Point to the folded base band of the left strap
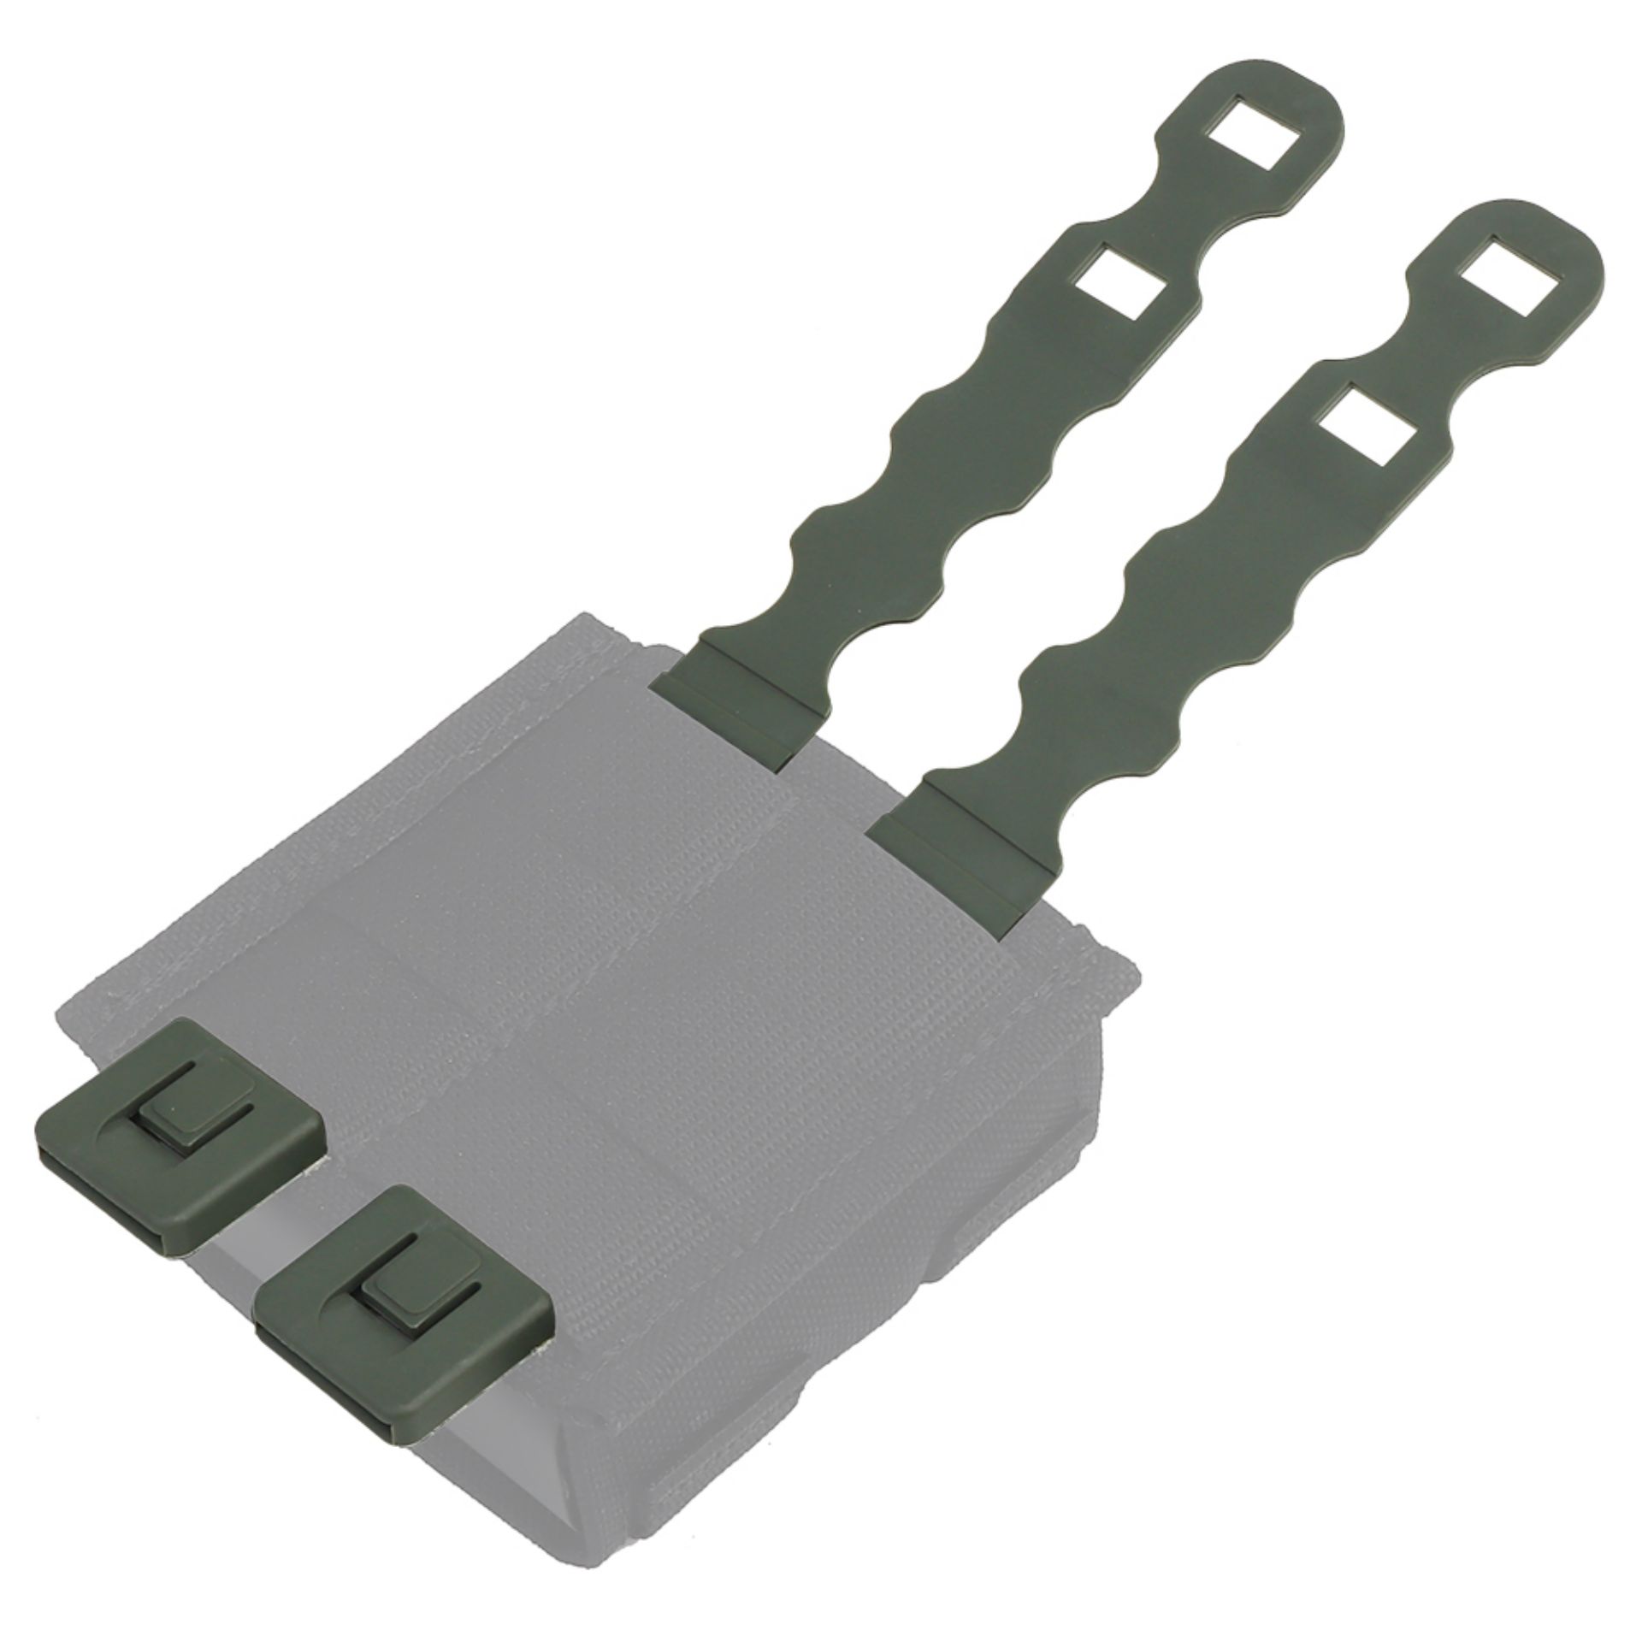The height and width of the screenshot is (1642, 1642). [x=729, y=688]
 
